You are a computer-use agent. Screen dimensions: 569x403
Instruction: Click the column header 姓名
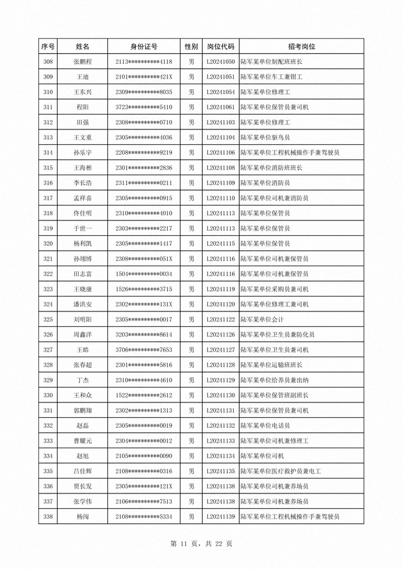(x=82, y=46)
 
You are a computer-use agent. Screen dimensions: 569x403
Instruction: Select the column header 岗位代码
(x=220, y=46)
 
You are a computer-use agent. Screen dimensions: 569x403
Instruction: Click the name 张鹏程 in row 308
(x=82, y=62)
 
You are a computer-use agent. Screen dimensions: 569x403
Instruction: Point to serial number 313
(x=48, y=137)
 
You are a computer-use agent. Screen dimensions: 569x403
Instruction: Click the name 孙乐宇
(x=82, y=152)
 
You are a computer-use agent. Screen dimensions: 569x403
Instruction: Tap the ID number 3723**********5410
(x=144, y=107)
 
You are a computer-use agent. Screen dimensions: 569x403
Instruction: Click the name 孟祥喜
(x=82, y=198)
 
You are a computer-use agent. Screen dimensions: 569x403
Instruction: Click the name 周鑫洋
(x=82, y=334)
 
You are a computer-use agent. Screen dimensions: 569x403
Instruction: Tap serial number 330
(x=48, y=395)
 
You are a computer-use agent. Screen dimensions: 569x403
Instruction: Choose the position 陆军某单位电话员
(x=265, y=425)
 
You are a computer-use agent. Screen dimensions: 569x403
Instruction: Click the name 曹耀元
(x=82, y=441)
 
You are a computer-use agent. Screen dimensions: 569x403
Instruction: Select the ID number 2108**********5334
(x=144, y=516)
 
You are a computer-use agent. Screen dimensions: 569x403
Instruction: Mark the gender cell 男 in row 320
(x=192, y=243)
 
